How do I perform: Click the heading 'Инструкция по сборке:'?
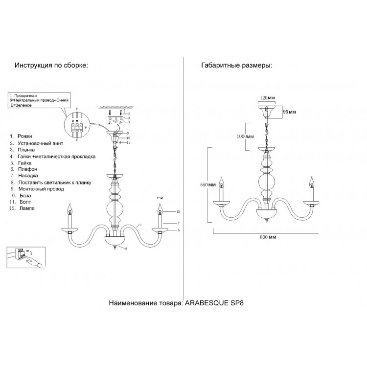[x=51, y=66]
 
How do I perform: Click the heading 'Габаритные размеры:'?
[x=236, y=66]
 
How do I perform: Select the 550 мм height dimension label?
[x=208, y=185]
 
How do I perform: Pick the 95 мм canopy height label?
[x=290, y=112]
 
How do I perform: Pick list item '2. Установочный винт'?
[x=37, y=143]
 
